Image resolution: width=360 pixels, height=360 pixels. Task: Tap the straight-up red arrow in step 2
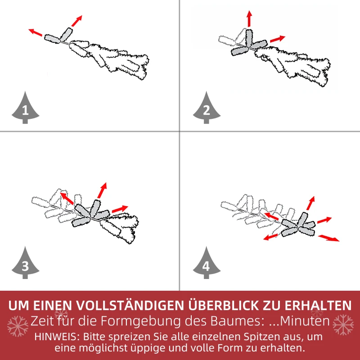tap(249, 18)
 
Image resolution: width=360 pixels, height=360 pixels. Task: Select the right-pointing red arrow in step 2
tap(278, 39)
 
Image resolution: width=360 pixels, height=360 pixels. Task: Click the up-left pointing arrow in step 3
tap(67, 198)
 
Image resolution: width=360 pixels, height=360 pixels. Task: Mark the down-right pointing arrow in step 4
tap(328, 238)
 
